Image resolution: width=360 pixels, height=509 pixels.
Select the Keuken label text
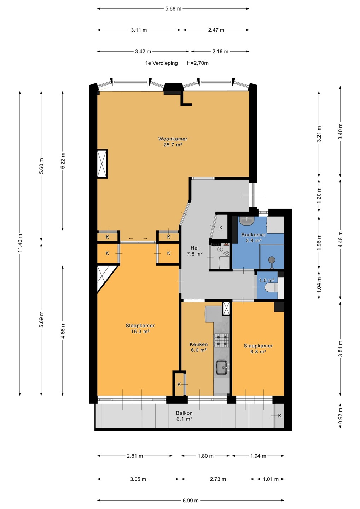(199, 344)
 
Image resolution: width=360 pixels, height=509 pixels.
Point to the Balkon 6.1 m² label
(184, 416)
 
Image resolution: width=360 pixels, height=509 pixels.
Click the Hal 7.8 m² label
(195, 251)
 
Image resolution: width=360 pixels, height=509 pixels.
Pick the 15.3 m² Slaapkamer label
(140, 328)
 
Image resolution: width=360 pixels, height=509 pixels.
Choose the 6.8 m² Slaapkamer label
(258, 349)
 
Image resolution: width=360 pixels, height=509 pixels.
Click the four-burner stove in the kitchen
(221, 340)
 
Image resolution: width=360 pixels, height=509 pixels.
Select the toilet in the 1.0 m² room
(271, 287)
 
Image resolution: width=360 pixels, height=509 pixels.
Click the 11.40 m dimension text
(20, 243)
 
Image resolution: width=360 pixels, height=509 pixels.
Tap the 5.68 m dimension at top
(173, 9)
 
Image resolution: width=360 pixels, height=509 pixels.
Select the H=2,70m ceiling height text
(197, 63)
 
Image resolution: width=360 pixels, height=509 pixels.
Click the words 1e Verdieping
(162, 63)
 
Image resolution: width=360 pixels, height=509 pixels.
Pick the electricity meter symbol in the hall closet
(220, 250)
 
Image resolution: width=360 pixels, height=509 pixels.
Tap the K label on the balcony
(280, 416)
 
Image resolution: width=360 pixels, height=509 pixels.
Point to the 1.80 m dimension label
(205, 456)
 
